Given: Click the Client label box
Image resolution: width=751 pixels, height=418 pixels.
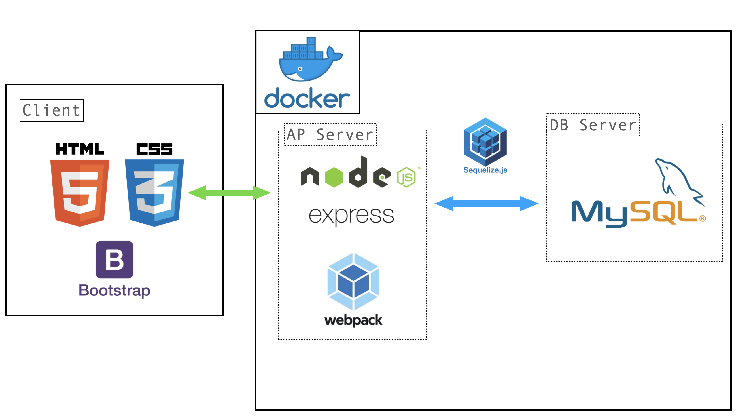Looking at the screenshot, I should coord(51,110).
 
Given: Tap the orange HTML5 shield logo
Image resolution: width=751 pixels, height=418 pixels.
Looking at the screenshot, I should coord(80,193).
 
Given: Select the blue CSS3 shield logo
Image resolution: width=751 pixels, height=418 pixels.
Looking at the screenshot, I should coord(154,193).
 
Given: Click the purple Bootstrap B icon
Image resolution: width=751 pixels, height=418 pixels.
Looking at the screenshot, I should coord(114,259).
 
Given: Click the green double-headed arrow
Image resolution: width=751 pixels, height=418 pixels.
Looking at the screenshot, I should coord(229,193).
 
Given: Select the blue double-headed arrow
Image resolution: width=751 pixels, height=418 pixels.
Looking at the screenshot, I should coord(486,203).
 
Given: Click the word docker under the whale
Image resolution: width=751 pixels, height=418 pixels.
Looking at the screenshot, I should coord(307,98).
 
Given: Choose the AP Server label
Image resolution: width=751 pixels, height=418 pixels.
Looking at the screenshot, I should coord(330,134).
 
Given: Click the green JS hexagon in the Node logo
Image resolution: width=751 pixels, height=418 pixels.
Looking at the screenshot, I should coord(406,177).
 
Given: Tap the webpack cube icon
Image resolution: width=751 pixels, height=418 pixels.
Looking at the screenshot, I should coord(353,281).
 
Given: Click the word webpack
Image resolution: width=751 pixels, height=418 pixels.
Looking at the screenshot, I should coord(353,320).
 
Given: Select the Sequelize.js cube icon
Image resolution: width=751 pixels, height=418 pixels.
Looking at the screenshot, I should coord(485,142).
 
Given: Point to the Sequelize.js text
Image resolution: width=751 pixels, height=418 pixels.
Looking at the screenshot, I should coord(485,170).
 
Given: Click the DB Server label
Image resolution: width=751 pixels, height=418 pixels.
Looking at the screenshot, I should coord(593,125).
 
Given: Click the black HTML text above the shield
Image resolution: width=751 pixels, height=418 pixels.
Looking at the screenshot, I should coord(80,149).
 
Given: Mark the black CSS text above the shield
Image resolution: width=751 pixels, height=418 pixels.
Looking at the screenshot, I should coord(154,149).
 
